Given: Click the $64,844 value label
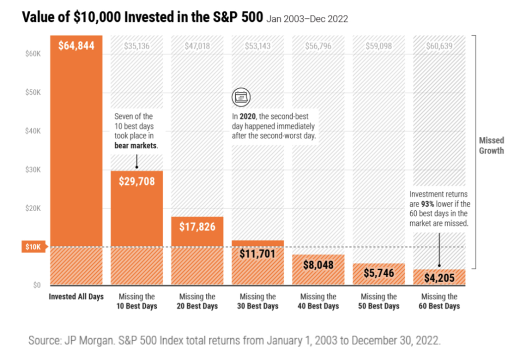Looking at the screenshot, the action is [x=76, y=46].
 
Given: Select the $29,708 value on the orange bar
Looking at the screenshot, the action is [x=137, y=181].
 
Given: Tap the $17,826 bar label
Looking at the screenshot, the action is [x=197, y=227].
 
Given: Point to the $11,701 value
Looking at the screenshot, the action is [x=257, y=254].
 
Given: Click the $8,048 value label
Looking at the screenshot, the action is [x=318, y=265].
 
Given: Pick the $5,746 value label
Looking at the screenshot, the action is [x=379, y=273].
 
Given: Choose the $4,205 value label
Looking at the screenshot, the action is [x=440, y=278].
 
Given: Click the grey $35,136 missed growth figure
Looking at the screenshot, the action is [x=137, y=46].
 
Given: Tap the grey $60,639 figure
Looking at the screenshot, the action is [x=440, y=46].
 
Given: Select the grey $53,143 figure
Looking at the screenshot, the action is [x=257, y=46].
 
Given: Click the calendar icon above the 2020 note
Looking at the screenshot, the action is [x=241, y=97].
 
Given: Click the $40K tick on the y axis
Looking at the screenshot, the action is [x=33, y=131].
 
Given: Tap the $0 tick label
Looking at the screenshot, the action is [x=37, y=285].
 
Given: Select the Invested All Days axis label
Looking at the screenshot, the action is [x=76, y=297].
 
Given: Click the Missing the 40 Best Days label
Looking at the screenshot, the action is [x=318, y=301].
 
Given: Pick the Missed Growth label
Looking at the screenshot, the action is [x=492, y=146].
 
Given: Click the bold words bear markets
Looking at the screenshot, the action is [x=135, y=146].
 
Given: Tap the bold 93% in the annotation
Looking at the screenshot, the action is [x=427, y=204].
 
